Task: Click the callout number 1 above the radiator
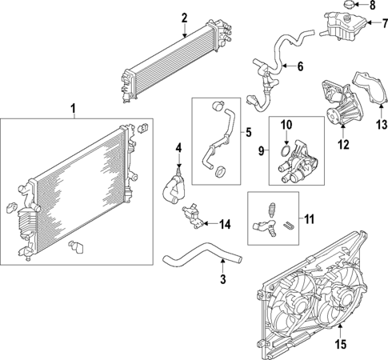tap(74, 108)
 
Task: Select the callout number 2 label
tap(184, 18)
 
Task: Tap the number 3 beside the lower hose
tap(223, 280)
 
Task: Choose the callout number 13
tap(382, 124)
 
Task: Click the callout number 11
tap(310, 217)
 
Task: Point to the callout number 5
tap(249, 131)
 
